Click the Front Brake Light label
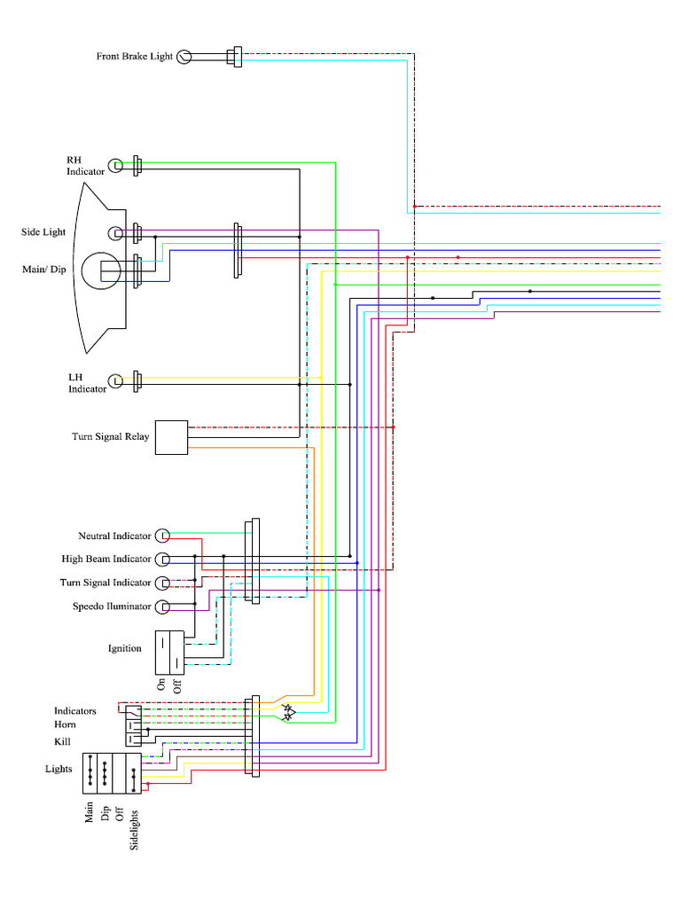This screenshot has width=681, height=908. tap(134, 57)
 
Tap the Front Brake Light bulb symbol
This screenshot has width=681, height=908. tap(184, 57)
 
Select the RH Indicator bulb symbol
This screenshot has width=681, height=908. tap(115, 165)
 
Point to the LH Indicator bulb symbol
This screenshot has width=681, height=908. tap(115, 382)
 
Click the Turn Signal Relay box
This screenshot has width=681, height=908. tap(171, 437)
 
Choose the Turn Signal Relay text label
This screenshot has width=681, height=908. tap(110, 437)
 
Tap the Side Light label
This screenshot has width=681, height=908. tap(43, 232)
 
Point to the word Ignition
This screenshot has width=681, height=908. tap(125, 648)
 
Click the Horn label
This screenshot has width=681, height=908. tap(66, 725)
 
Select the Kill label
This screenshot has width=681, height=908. tap(62, 741)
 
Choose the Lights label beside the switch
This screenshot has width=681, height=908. tap(59, 769)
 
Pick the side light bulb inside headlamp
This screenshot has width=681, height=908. tap(115, 233)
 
